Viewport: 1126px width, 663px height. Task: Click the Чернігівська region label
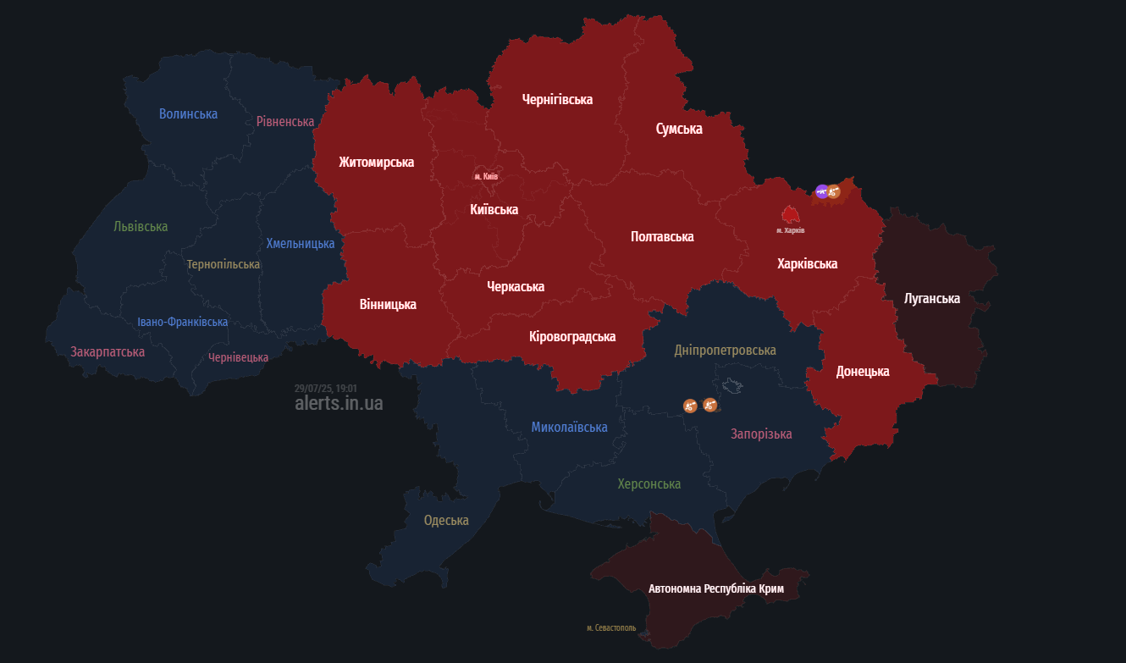click(557, 99)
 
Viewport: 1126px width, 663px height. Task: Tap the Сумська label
click(679, 129)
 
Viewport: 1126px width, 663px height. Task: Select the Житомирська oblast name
click(376, 162)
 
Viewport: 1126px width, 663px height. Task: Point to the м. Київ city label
click(486, 176)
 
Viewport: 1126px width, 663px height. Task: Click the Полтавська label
click(662, 236)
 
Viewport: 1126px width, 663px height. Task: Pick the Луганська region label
click(931, 299)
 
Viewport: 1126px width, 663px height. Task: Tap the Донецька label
click(862, 371)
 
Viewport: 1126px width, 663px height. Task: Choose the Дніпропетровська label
click(725, 350)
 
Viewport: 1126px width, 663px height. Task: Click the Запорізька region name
click(761, 434)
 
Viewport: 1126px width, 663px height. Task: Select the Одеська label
click(446, 520)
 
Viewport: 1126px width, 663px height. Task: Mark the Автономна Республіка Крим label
click(716, 588)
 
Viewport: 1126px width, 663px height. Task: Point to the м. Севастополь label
click(611, 628)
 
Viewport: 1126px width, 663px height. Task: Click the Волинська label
click(188, 113)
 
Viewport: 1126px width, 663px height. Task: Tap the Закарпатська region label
click(108, 351)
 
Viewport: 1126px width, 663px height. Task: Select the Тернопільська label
click(224, 264)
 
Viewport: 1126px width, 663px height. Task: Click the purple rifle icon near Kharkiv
click(821, 191)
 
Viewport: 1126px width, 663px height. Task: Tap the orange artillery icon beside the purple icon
click(834, 191)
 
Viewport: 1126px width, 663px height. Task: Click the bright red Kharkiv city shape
click(791, 214)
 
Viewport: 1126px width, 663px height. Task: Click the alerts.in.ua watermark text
click(339, 403)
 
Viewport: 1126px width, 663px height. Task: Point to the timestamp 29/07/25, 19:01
click(325, 388)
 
